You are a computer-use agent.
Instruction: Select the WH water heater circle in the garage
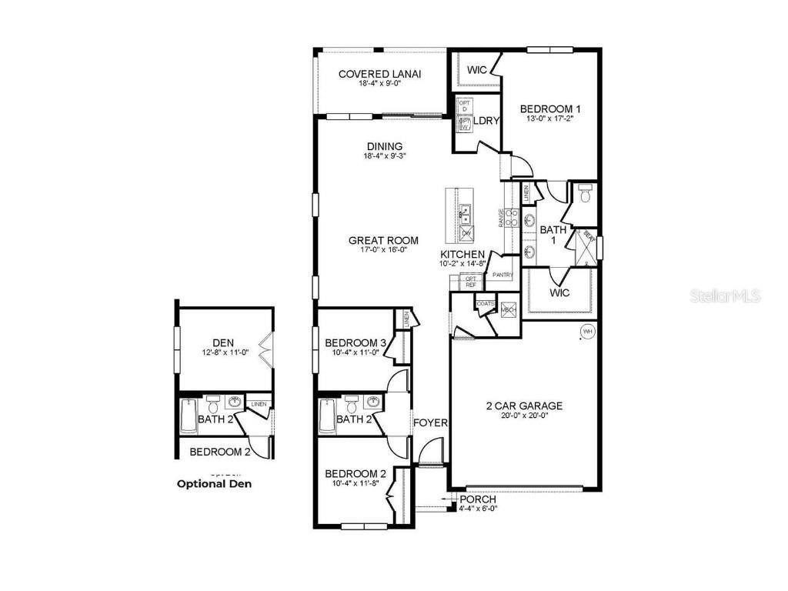[587, 331]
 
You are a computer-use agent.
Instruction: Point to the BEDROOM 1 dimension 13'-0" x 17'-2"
[546, 119]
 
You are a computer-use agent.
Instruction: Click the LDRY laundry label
[486, 121]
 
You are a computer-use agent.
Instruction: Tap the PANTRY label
[503, 275]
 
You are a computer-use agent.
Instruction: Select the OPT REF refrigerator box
[471, 282]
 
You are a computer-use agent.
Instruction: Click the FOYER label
[429, 422]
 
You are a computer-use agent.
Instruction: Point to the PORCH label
[477, 499]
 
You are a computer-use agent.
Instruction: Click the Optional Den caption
[214, 484]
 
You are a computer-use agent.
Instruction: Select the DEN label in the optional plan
[223, 342]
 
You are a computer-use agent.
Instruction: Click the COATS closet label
[485, 304]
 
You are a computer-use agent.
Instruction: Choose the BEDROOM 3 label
[356, 342]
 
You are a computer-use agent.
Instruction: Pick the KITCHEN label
[462, 255]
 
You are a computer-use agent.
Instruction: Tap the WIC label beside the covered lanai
[477, 70]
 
